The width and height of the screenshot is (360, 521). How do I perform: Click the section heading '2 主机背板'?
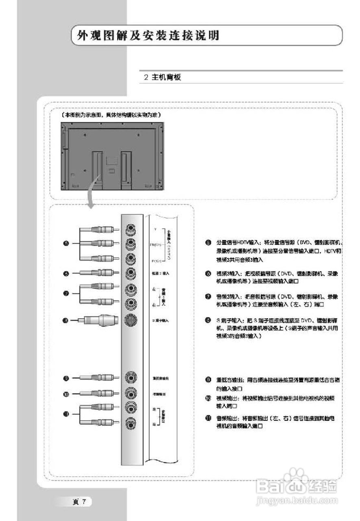coord(162,77)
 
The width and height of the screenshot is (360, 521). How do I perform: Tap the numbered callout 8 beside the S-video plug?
coord(66,320)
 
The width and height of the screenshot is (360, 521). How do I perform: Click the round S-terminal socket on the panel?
coord(131,320)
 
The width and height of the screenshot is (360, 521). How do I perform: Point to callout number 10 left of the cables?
coord(66,394)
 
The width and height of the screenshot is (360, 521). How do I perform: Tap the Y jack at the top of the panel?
coord(131,230)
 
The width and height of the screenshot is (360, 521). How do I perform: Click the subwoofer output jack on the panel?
coord(131,379)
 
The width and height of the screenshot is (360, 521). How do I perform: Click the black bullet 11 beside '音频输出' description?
coord(208,418)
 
